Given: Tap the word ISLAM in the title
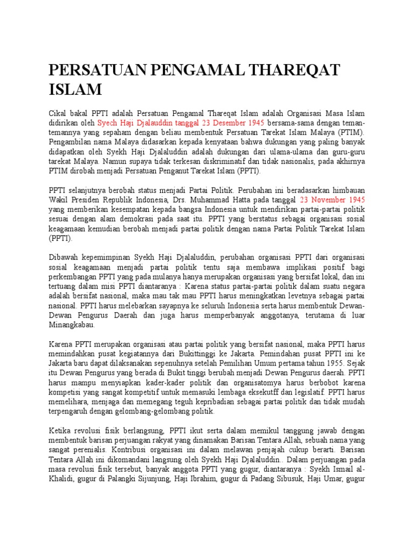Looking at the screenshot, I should click(x=75, y=89).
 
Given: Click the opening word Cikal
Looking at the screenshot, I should click(x=59, y=113).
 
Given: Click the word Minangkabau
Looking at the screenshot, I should click(x=71, y=325).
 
